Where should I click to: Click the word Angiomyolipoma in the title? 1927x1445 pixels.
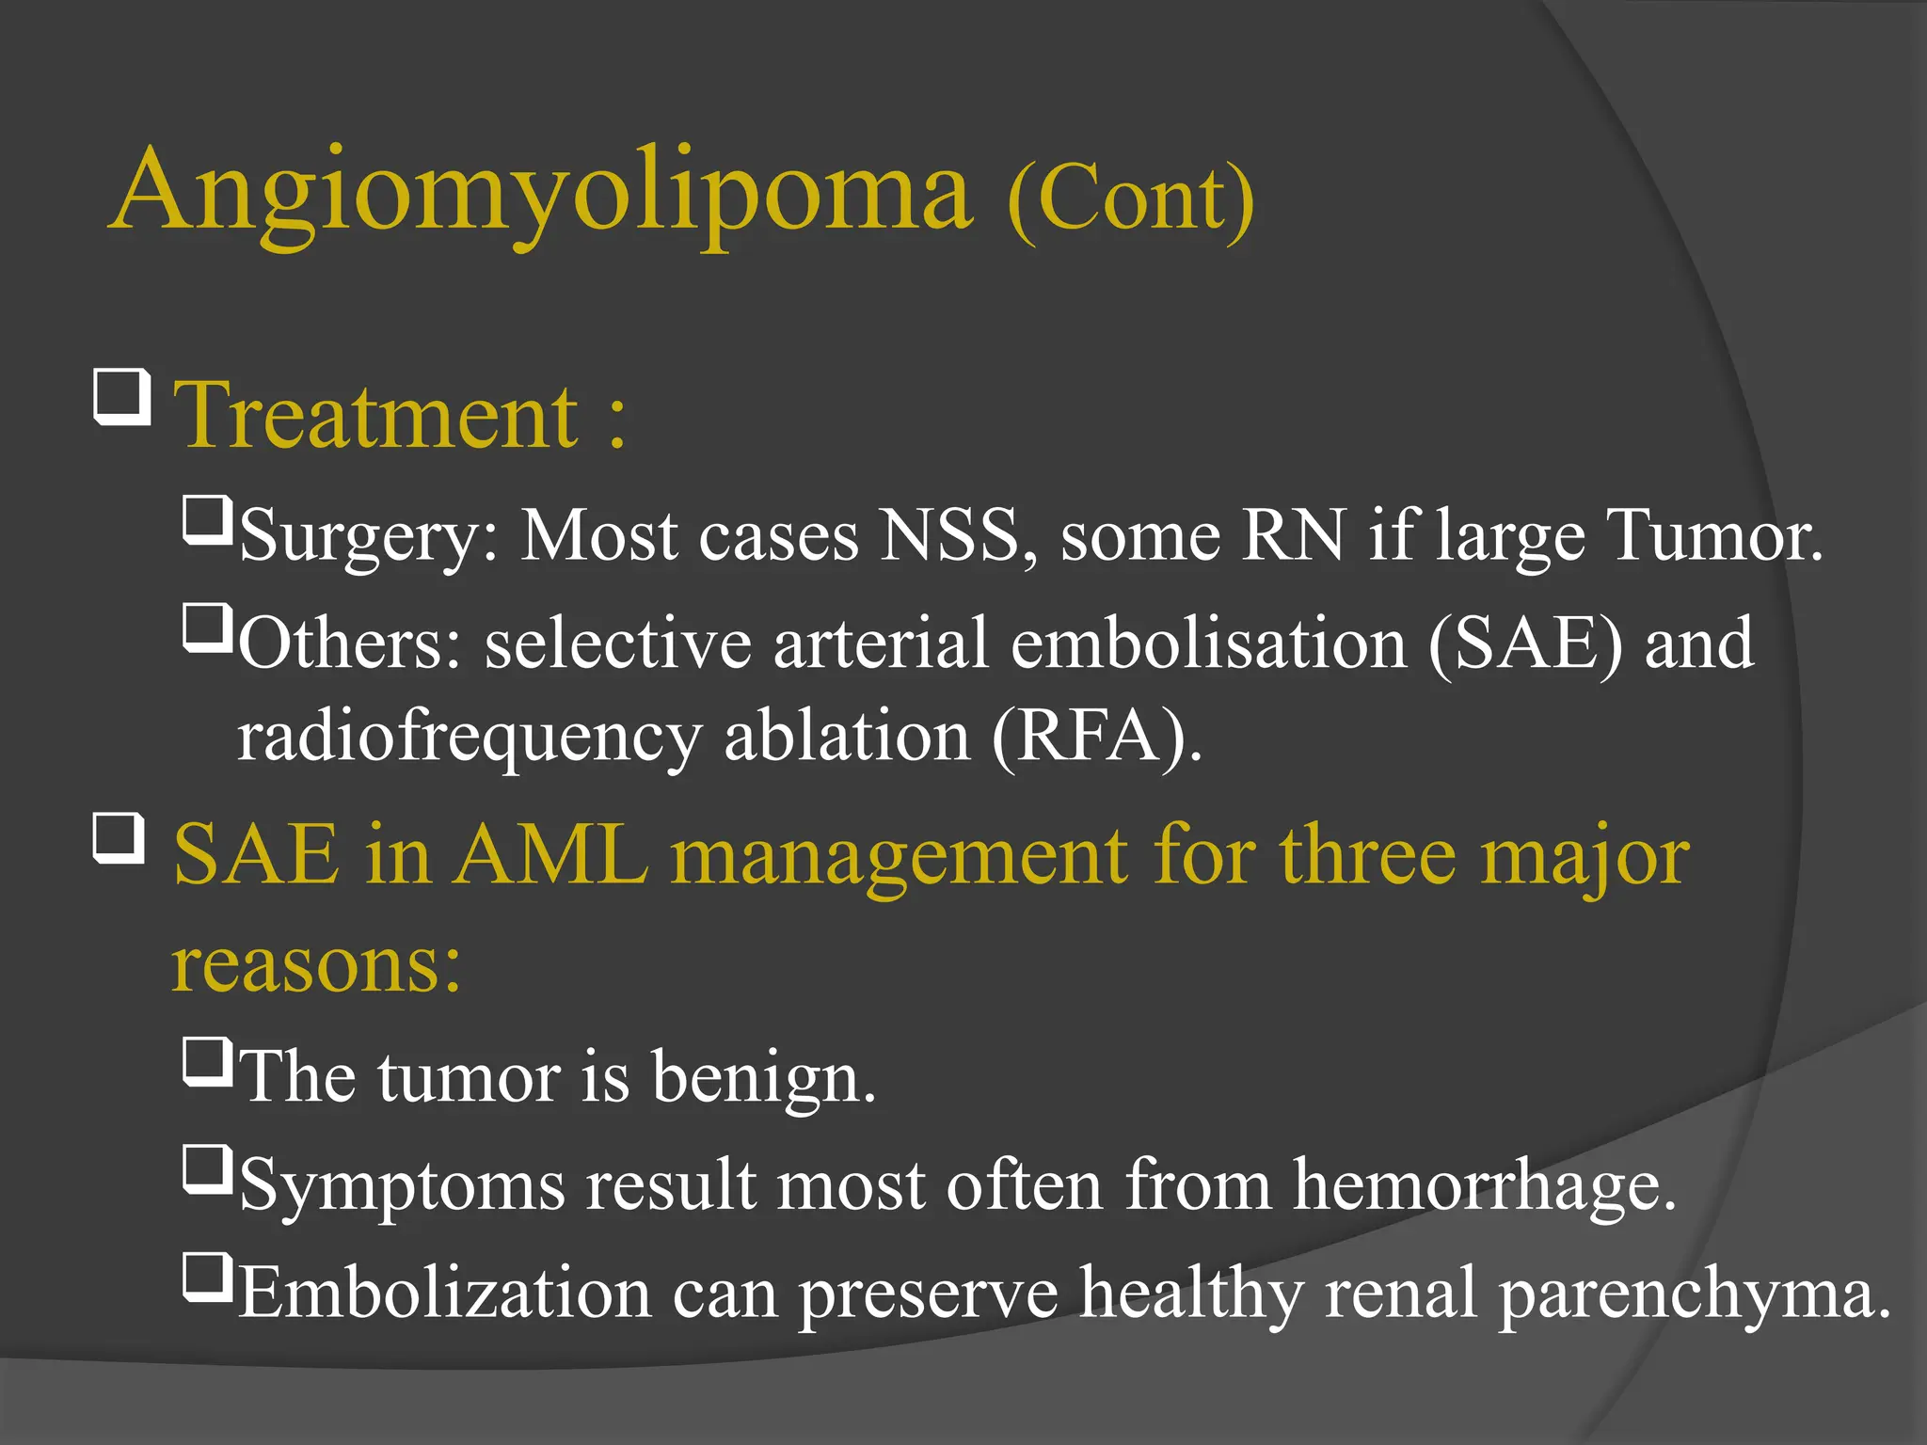point(541,193)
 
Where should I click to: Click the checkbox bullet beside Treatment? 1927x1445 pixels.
point(122,397)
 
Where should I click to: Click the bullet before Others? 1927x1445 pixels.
point(207,628)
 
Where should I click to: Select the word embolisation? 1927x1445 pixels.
point(1208,644)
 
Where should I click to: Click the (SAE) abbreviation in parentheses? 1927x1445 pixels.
point(1525,644)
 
